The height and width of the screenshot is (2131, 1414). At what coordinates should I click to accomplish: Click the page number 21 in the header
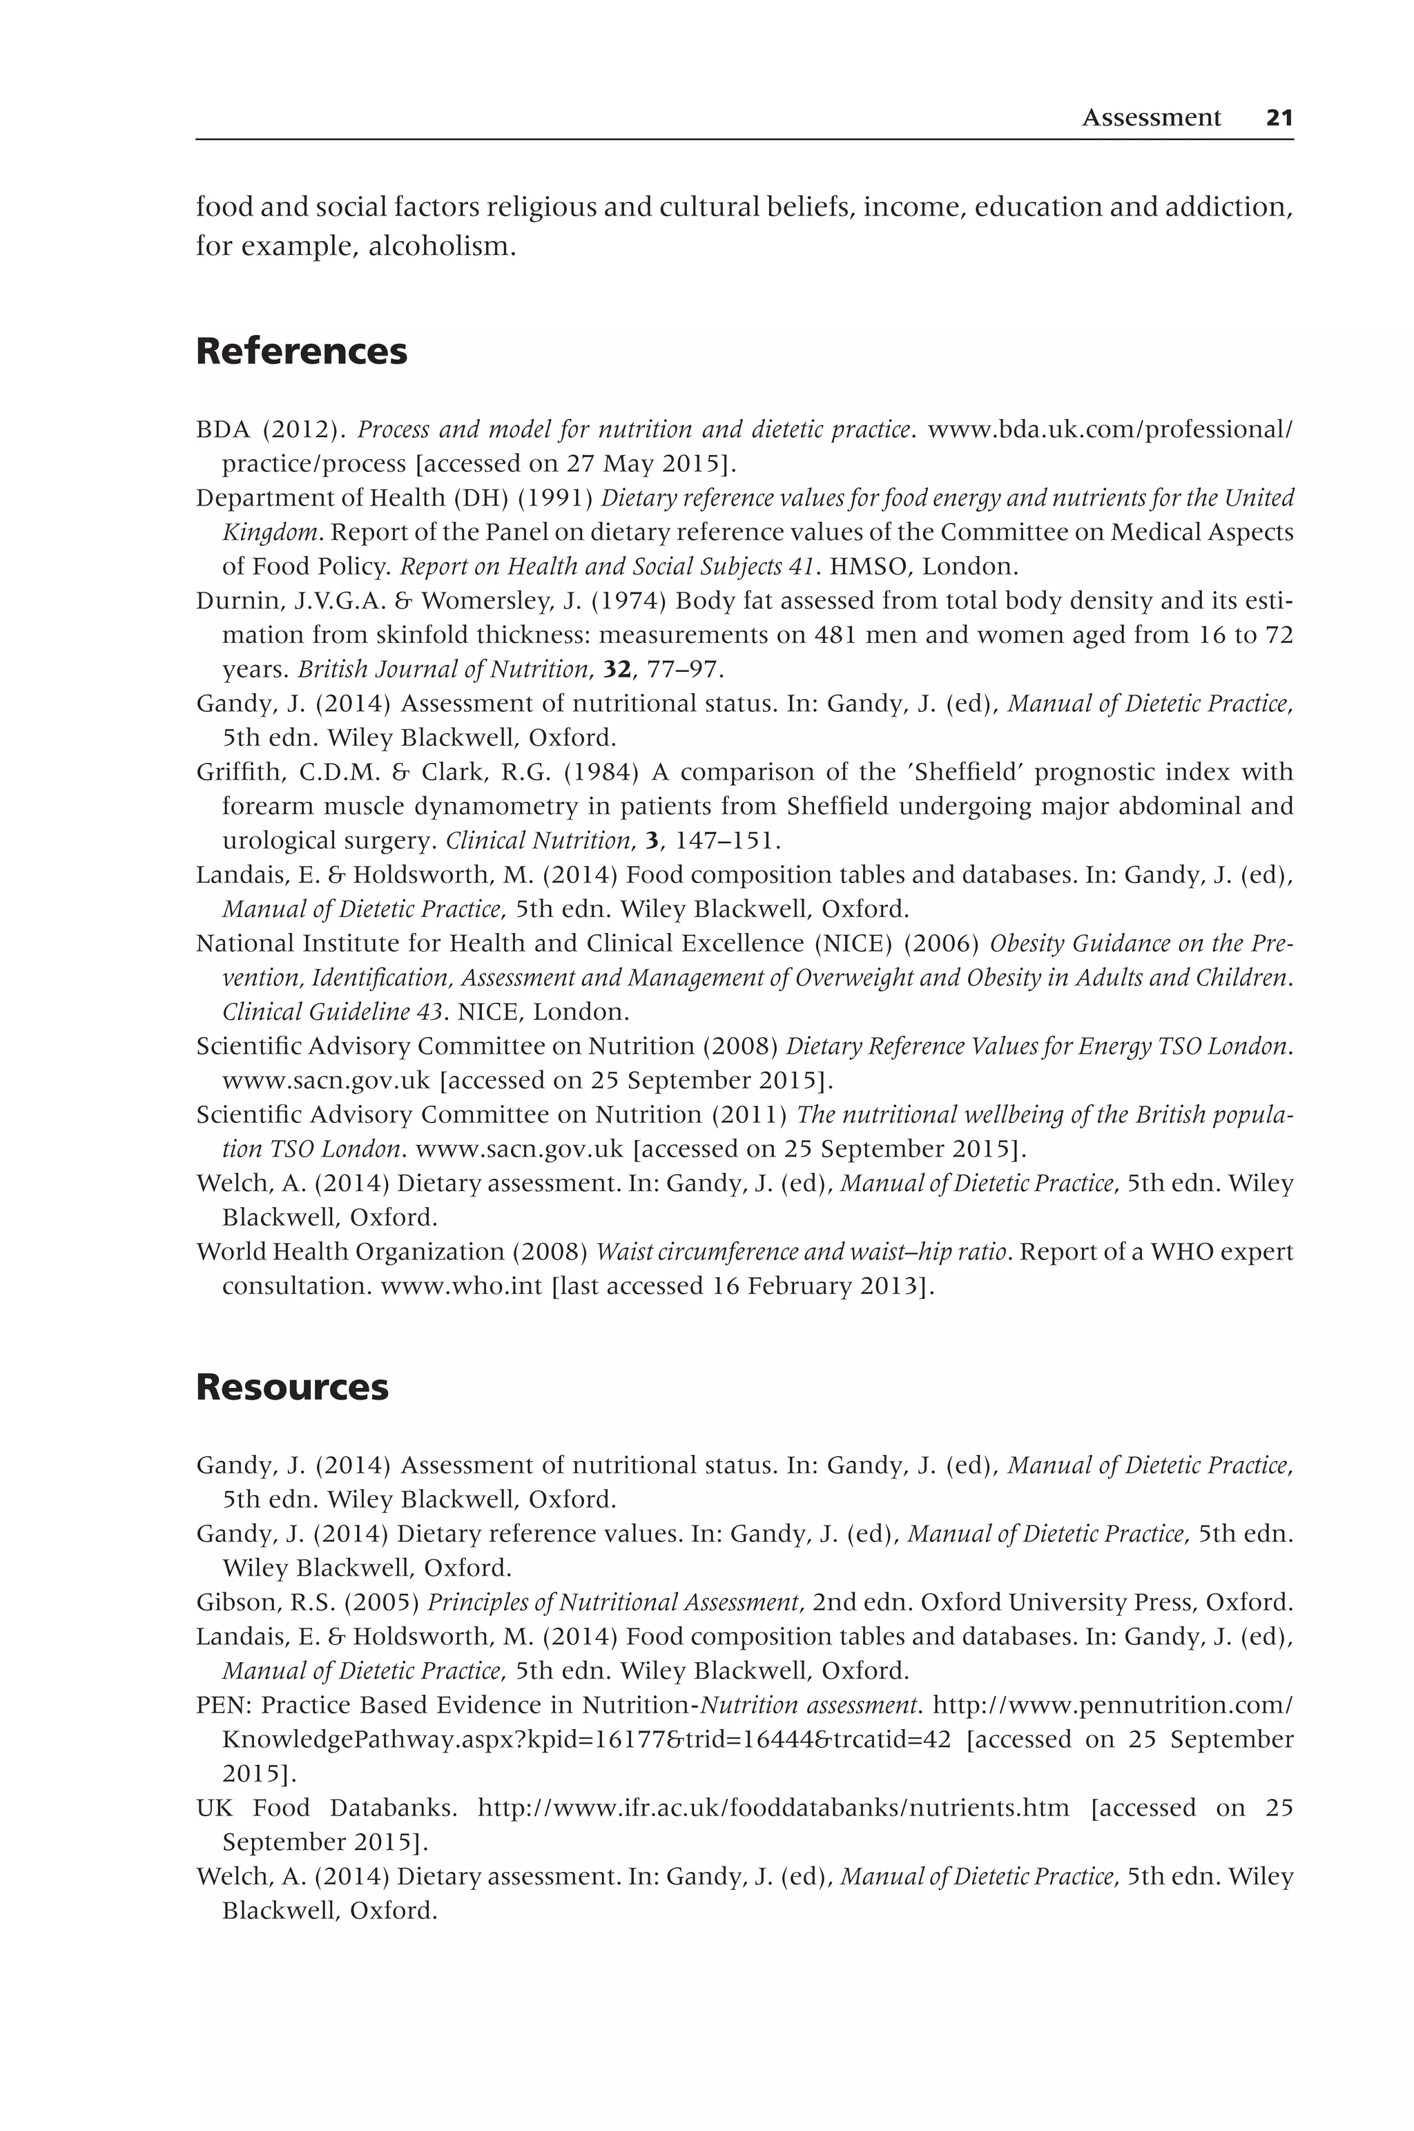pos(1279,118)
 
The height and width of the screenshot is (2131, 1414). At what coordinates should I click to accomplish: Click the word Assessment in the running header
pos(1151,118)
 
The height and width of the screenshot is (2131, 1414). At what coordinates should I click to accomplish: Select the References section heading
pos(301,351)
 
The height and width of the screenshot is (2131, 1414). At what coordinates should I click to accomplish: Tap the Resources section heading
pos(292,1387)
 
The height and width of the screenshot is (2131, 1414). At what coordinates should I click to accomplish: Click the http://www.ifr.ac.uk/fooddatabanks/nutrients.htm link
pos(773,1808)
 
